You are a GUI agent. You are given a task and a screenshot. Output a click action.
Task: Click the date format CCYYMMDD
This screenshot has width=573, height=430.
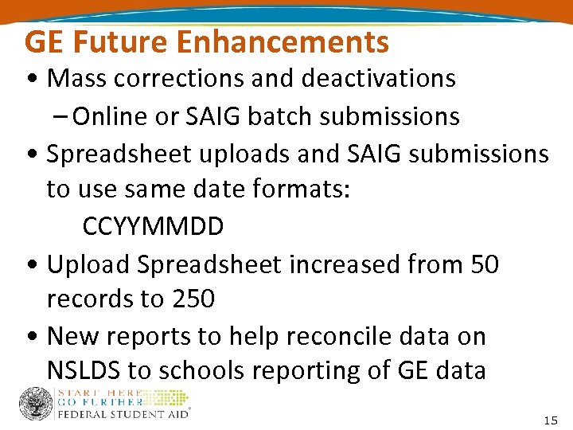click(153, 227)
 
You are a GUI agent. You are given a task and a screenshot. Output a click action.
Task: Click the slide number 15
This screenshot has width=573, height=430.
click(550, 420)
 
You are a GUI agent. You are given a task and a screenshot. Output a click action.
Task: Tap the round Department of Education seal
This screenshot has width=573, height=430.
click(36, 405)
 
